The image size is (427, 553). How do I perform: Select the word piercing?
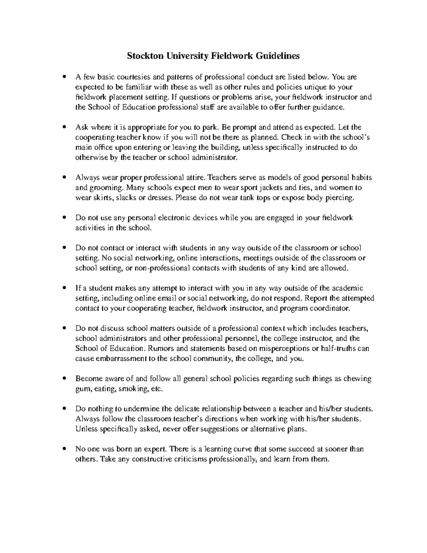point(340,198)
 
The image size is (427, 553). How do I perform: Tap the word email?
point(160,298)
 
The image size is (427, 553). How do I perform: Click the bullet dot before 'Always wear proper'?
point(64,177)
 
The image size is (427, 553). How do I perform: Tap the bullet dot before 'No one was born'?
point(64,449)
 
